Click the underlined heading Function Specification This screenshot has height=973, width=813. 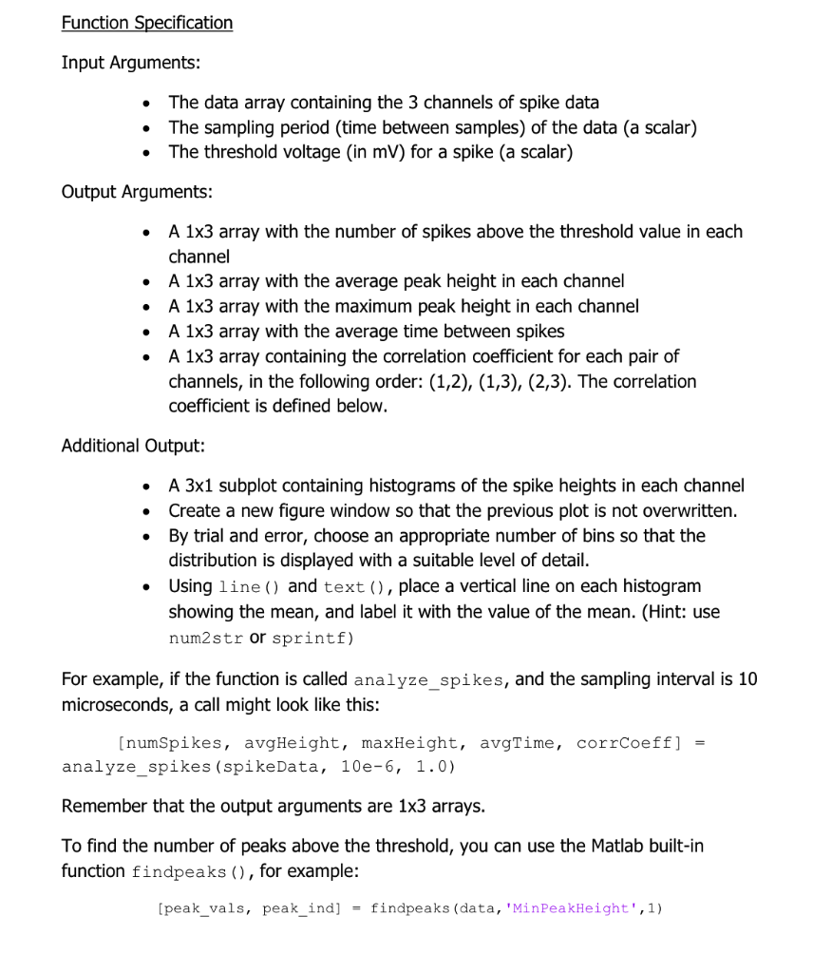(x=147, y=23)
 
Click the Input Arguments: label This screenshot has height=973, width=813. (x=131, y=63)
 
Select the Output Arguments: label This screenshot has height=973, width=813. (x=137, y=192)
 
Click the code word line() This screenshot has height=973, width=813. (x=250, y=587)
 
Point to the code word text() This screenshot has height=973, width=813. (x=354, y=587)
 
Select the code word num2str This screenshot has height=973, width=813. (x=206, y=638)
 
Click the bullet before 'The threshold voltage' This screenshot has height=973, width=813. (x=145, y=153)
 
